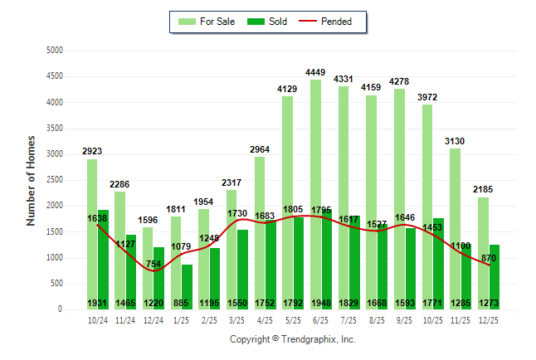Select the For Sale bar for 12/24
click(x=148, y=265)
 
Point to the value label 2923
click(x=92, y=151)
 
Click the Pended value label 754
click(x=154, y=265)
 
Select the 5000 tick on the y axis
click(x=55, y=51)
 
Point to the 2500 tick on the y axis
click(x=55, y=180)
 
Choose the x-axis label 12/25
click(x=489, y=319)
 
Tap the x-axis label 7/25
click(x=349, y=319)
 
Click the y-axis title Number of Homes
click(x=31, y=180)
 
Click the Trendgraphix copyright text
click(x=292, y=339)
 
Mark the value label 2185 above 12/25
click(x=483, y=190)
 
